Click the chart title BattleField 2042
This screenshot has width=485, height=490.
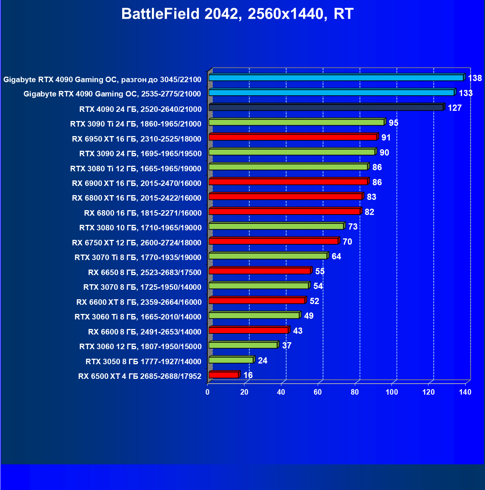point(237,14)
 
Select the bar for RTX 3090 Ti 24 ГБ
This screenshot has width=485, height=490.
point(296,122)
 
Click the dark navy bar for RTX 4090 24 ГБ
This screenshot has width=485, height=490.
point(326,107)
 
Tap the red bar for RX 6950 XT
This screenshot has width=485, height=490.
point(293,137)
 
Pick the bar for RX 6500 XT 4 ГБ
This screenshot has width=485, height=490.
point(224,375)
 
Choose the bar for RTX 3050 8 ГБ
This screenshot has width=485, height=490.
point(231,360)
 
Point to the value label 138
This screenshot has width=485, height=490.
point(475,78)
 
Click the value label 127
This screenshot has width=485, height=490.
point(455,108)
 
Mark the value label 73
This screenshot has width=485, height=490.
point(353,227)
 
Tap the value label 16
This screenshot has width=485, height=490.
point(248,375)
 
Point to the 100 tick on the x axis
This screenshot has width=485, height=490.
point(391,392)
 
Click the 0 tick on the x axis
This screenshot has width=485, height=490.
point(208,392)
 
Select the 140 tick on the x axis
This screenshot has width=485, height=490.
point(465,392)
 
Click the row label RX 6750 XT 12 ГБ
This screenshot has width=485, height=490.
point(136,242)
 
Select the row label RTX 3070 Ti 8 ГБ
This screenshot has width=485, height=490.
point(138,257)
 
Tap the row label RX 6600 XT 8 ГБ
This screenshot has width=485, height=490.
point(139,302)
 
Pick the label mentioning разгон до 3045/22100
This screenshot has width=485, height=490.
point(102,80)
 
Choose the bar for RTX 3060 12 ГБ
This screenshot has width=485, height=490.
point(243,345)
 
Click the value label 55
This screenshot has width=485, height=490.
point(320,271)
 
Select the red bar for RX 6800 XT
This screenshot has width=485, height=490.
point(285,197)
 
